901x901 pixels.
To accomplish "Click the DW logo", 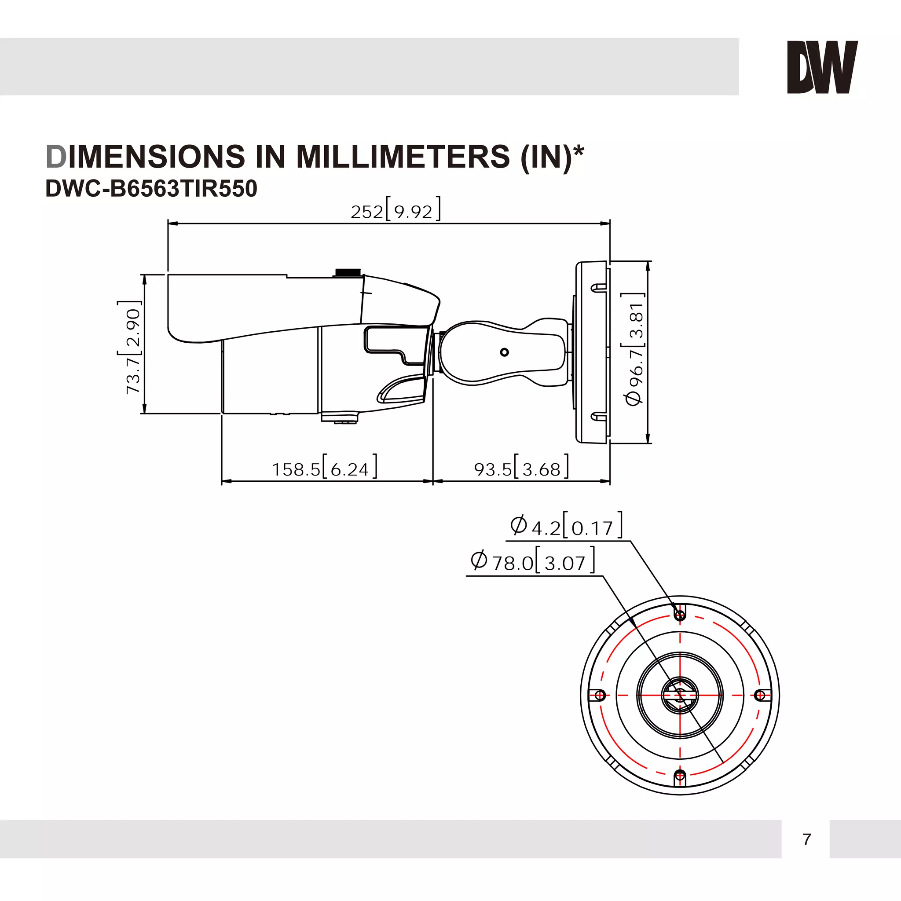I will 822,67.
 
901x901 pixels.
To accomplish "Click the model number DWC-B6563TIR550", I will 151,189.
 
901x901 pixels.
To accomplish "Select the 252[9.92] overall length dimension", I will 395,211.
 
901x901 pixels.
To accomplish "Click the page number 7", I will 807,839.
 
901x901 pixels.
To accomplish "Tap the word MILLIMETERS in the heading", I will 403,157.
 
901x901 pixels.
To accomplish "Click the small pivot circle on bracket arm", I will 504,352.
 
